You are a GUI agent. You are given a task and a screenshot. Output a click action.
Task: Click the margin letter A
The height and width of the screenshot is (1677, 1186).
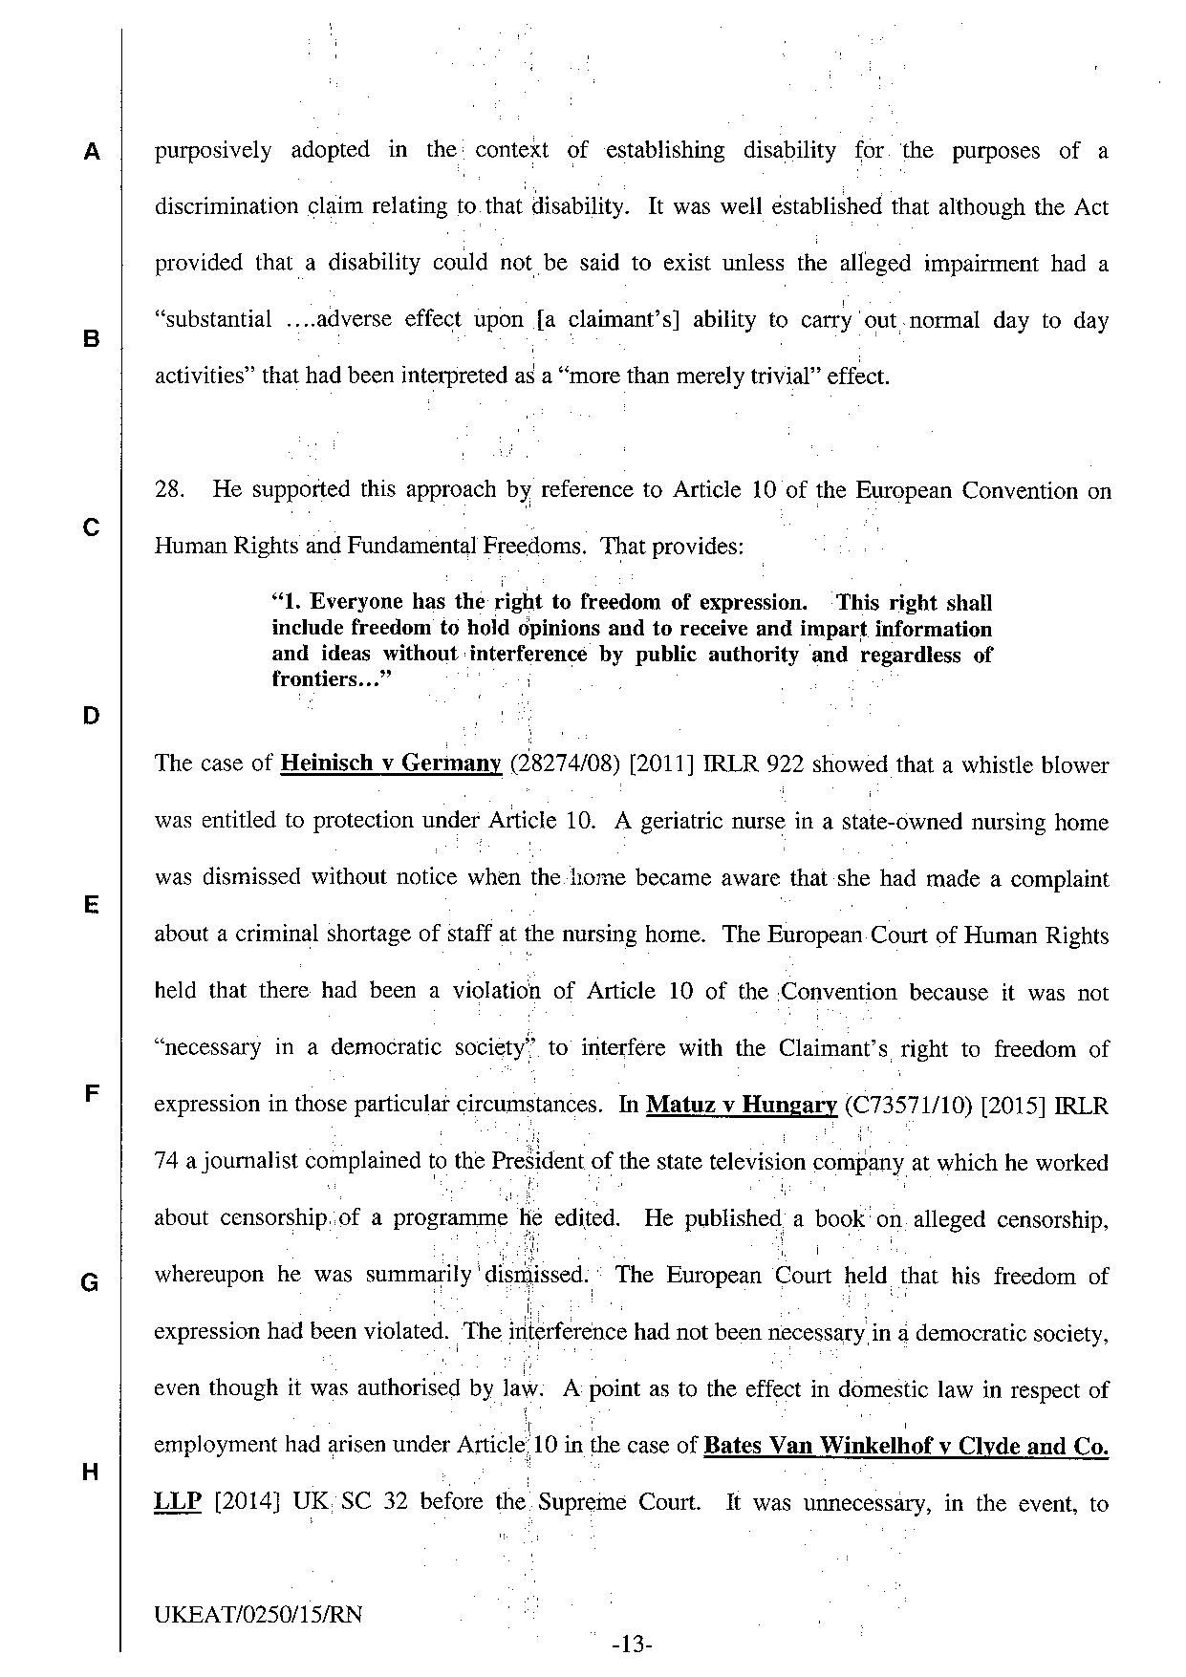[91, 152]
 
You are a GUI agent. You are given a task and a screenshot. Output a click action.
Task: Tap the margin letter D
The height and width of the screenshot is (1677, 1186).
[91, 716]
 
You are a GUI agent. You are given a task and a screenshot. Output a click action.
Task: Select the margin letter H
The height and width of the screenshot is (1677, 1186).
[91, 1472]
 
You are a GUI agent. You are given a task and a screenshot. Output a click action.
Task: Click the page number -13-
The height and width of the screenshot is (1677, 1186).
[631, 1645]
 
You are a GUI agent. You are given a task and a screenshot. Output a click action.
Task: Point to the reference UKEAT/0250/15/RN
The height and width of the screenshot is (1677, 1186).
[258, 1615]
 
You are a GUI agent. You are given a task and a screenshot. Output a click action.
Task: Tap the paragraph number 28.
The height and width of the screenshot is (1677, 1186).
[169, 490]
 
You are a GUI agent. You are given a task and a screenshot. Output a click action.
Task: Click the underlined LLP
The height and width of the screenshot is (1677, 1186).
[178, 1502]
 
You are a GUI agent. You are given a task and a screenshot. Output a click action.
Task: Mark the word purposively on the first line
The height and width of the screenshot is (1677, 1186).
[213, 150]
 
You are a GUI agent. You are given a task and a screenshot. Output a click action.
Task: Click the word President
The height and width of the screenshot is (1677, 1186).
[537, 1162]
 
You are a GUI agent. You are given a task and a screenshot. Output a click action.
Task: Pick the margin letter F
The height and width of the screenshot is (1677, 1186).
[91, 1093]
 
